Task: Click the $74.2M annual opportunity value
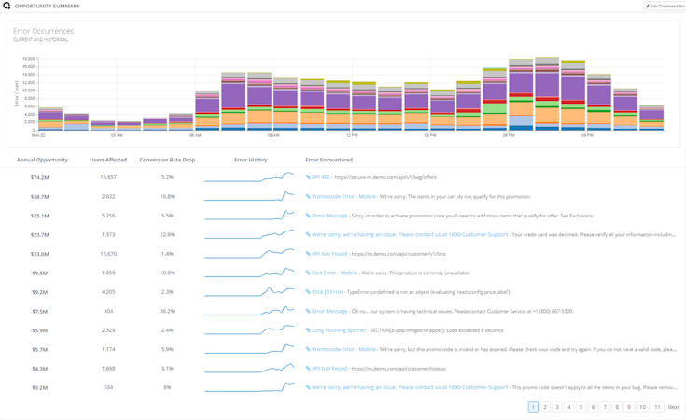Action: coord(39,177)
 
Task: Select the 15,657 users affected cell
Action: coord(108,177)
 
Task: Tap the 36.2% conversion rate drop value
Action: coord(167,311)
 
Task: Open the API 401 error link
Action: coord(321,177)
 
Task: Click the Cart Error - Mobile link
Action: coord(334,273)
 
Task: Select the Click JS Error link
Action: coord(328,292)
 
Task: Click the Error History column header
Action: coord(250,160)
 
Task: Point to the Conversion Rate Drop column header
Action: coord(167,160)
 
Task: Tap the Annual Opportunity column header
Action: coord(42,160)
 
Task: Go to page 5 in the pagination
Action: coord(581,407)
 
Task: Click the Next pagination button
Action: coord(673,407)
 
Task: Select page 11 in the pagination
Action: coord(657,407)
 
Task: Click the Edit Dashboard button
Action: coord(665,6)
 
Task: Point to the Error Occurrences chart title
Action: coord(43,31)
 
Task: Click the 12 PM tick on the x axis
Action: coord(352,135)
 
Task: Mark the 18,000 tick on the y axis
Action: coord(28,59)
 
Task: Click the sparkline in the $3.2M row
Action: coord(249,386)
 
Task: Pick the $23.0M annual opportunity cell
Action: coord(39,254)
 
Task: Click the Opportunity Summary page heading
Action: coord(47,6)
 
